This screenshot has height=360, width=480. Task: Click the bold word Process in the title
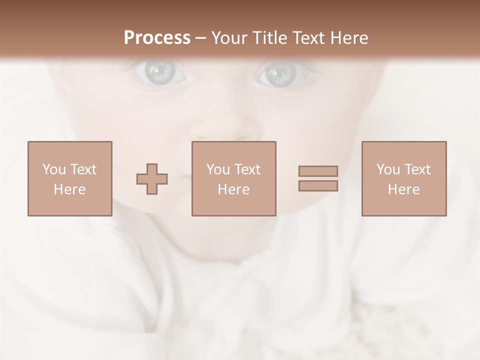click(x=157, y=37)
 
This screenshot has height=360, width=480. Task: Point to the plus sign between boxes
click(x=152, y=179)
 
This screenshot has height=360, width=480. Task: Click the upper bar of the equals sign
click(x=318, y=171)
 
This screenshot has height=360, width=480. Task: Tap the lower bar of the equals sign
click(x=318, y=186)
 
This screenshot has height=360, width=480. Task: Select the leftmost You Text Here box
click(x=70, y=178)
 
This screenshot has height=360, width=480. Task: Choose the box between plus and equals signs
click(x=234, y=178)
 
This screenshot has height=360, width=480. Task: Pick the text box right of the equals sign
click(x=404, y=178)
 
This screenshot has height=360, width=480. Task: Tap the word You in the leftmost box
click(x=54, y=169)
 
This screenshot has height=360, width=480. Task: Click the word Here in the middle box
click(x=234, y=189)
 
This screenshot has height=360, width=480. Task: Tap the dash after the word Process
click(x=201, y=38)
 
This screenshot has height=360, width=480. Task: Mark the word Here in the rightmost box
click(x=404, y=189)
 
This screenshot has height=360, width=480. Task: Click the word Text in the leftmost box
click(x=83, y=169)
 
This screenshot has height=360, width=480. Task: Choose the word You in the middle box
click(x=218, y=169)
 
